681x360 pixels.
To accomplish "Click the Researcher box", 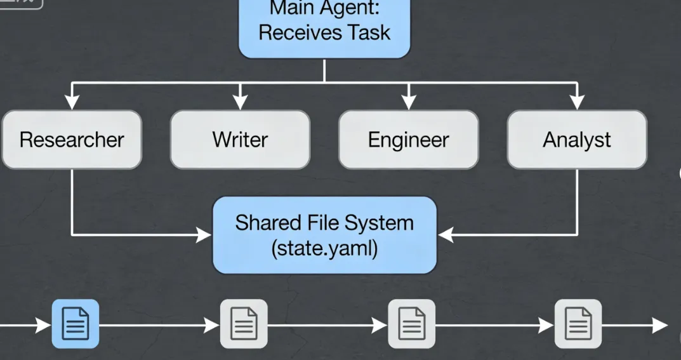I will tap(71, 140).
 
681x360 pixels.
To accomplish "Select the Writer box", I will tap(240, 140).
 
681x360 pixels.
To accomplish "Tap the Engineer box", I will tap(408, 140).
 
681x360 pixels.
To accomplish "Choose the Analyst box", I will tap(576, 140).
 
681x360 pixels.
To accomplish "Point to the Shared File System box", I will tap(324, 235).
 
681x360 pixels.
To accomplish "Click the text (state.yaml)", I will tap(324, 248).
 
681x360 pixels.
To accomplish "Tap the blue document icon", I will tap(76, 324).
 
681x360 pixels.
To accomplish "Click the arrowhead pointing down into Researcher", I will tap(72, 102).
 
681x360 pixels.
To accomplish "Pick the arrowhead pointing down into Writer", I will tap(240, 102).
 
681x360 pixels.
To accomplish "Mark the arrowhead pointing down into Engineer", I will tap(408, 102).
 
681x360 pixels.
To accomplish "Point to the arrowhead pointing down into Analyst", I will tap(576, 102).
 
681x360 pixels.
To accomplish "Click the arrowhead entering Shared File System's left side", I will tap(204, 236).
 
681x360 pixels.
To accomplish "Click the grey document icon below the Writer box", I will tap(244, 324).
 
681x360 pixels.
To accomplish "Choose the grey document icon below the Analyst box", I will tap(578, 324).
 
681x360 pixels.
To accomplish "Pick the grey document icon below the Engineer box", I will tap(411, 324).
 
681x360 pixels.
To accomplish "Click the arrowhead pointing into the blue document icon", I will tap(44, 326).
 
